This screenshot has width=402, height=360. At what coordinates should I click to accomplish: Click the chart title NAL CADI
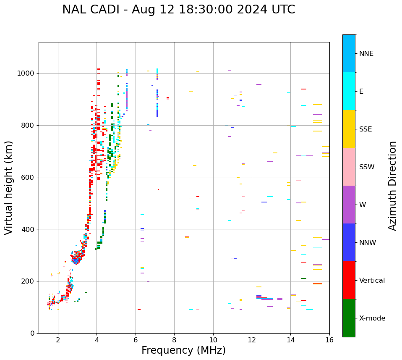click(178, 10)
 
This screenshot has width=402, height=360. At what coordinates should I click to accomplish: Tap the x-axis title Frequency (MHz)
click(183, 350)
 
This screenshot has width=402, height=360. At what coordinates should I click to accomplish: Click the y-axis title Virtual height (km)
click(9, 187)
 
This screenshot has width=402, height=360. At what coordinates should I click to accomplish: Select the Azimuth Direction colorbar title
click(392, 186)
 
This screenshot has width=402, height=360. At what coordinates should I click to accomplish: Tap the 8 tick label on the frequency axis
click(174, 340)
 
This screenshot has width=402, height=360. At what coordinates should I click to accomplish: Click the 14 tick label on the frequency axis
click(290, 340)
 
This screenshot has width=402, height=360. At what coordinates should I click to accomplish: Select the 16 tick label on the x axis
click(329, 340)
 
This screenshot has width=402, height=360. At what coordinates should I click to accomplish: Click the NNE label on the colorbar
click(366, 54)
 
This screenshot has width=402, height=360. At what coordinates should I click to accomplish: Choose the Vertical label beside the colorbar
click(372, 281)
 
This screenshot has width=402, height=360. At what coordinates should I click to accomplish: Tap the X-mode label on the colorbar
click(372, 318)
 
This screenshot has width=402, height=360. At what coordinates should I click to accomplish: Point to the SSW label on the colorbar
click(367, 167)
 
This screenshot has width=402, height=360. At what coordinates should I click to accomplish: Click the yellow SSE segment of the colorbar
click(349, 129)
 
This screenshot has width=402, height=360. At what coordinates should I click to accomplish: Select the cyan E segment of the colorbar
click(349, 91)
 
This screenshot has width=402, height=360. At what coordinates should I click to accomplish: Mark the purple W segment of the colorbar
click(349, 205)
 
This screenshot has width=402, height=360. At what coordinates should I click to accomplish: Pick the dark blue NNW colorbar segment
click(349, 242)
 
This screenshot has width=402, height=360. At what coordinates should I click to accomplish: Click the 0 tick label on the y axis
click(32, 333)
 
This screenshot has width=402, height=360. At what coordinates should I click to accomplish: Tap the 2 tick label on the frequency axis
click(58, 340)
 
